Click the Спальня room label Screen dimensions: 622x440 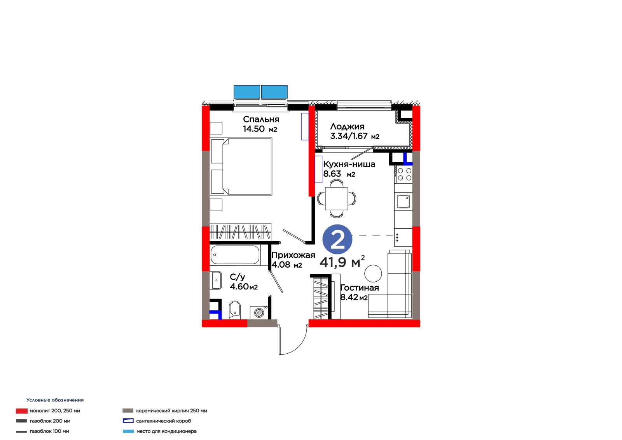click(x=261, y=119)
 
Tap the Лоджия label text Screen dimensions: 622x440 click(x=347, y=127)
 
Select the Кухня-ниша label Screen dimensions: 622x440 click(x=349, y=164)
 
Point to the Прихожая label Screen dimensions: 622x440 click(x=293, y=255)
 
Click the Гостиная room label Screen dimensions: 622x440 click(x=360, y=287)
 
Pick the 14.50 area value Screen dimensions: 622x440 click(x=254, y=129)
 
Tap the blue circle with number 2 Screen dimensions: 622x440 click(x=337, y=239)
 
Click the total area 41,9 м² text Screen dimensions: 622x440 click(x=342, y=262)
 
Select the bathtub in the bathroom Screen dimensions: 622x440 click(x=235, y=254)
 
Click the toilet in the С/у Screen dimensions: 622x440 click(x=235, y=310)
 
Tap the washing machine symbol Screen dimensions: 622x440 click(x=259, y=313)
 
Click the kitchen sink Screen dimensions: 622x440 click(x=403, y=202)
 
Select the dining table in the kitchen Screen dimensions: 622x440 click(x=337, y=198)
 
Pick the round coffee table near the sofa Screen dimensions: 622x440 click(x=373, y=273)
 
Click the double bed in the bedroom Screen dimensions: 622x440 click(x=241, y=167)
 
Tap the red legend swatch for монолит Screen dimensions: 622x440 click(x=22, y=411)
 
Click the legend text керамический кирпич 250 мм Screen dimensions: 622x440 click(x=171, y=411)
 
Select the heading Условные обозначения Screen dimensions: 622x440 click(x=55, y=400)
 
